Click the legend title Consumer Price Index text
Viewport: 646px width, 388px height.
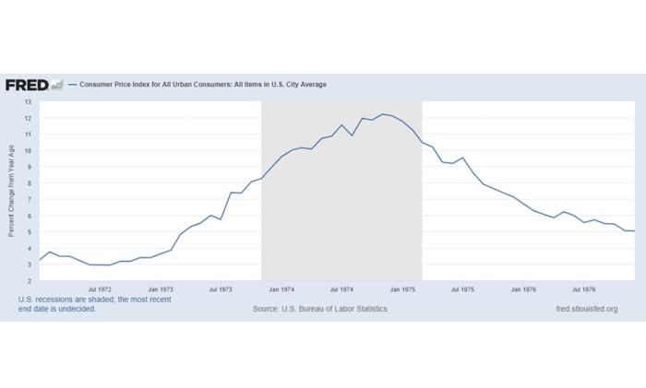pos(202,85)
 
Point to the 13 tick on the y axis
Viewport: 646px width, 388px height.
pos(28,102)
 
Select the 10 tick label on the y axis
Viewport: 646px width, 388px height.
pos(28,151)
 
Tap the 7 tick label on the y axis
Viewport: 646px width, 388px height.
pos(29,200)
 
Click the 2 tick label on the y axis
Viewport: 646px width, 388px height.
pos(29,280)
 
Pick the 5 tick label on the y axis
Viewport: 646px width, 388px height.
pos(29,232)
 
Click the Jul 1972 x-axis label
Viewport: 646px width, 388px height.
pos(100,288)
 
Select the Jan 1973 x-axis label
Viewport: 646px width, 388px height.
pos(161,288)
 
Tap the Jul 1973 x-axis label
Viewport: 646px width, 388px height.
pos(221,288)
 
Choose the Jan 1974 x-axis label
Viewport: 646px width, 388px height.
pos(281,288)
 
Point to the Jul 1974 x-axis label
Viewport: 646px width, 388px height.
pos(341,288)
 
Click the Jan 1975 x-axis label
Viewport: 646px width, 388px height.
pos(402,288)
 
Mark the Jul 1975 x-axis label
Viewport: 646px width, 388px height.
pos(462,288)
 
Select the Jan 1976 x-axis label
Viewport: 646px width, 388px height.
pos(523,288)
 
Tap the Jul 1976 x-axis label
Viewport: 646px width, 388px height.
pos(583,288)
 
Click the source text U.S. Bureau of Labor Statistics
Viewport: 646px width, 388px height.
pos(320,309)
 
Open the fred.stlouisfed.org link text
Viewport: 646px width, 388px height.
pos(586,309)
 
